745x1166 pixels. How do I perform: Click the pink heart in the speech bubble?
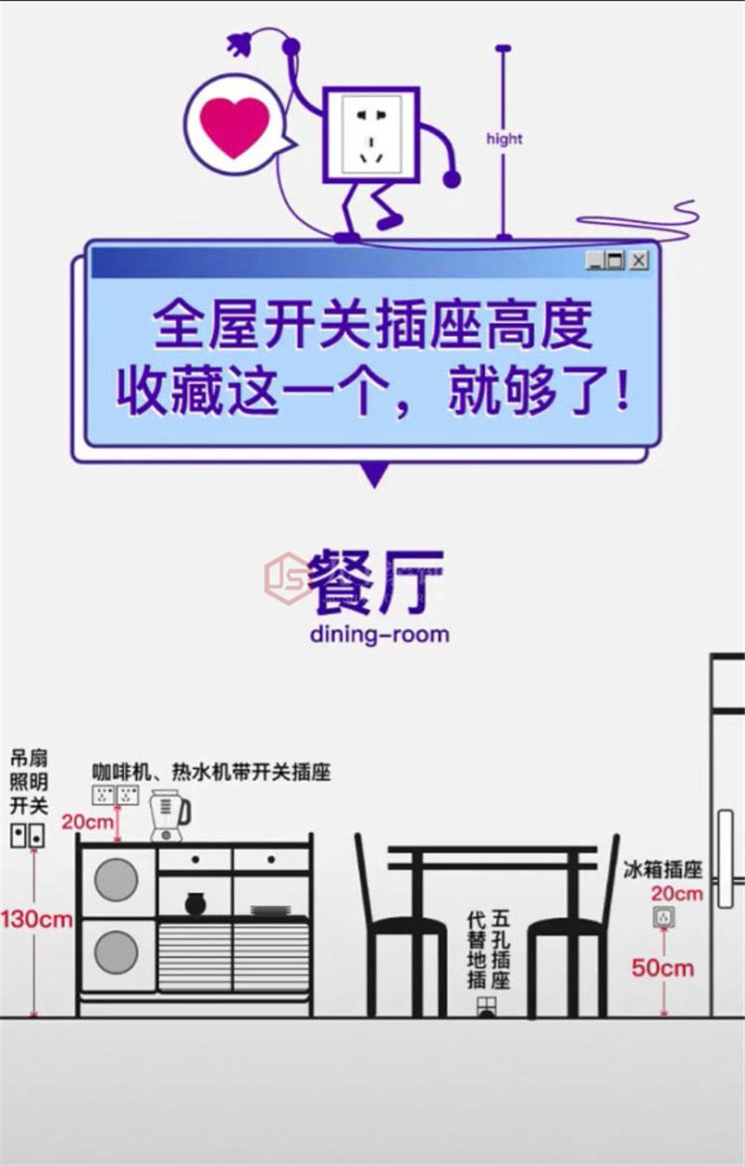(235, 127)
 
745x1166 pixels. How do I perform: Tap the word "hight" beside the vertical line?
(505, 139)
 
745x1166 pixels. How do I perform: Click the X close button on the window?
(639, 260)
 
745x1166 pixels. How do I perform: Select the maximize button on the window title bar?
(616, 260)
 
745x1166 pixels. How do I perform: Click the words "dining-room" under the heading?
(379, 635)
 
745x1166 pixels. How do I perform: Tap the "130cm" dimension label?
(36, 919)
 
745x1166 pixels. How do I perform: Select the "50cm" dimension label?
(663, 968)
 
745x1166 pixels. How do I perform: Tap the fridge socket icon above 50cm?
(664, 917)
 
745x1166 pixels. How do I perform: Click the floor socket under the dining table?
(487, 1007)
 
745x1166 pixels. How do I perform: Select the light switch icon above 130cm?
(28, 836)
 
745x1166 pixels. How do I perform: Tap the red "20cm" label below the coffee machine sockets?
(87, 822)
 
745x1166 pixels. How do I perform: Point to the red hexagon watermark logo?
(288, 579)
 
